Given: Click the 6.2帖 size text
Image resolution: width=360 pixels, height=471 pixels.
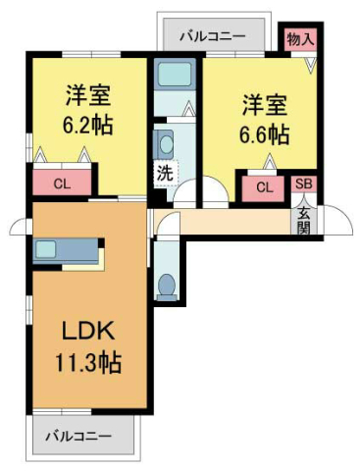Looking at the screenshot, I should [x=88, y=125].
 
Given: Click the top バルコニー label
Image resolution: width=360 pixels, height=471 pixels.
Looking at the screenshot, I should [x=213, y=37].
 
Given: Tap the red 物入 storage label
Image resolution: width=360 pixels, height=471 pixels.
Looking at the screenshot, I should [x=299, y=40].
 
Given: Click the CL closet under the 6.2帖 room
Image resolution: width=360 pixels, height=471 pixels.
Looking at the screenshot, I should [x=62, y=183].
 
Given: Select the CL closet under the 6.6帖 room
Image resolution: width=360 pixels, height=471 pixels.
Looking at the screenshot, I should [x=265, y=187].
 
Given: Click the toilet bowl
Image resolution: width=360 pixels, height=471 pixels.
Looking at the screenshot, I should [x=166, y=286].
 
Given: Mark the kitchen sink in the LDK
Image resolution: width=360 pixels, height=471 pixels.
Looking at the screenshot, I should [x=46, y=249].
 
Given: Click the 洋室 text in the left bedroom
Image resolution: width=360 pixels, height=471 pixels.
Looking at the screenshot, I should [x=88, y=95].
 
